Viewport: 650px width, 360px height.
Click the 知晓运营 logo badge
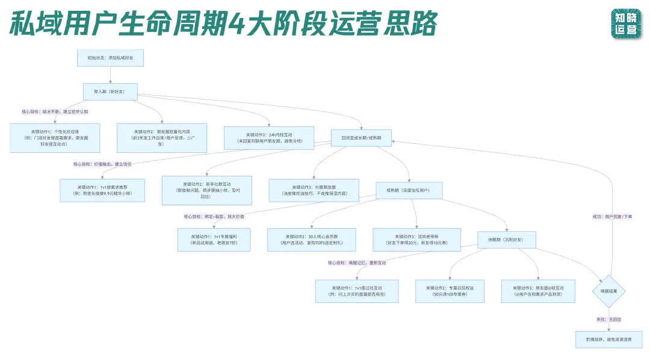[x=626, y=23]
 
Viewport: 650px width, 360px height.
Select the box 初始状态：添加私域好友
[x=110, y=58]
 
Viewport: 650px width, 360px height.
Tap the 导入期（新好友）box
[x=110, y=92]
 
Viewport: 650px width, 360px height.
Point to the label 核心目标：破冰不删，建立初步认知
[x=55, y=111]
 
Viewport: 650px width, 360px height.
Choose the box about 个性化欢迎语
[x=55, y=138]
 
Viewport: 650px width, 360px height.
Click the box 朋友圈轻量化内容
[x=161, y=138]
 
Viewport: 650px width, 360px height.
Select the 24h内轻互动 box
[x=268, y=138]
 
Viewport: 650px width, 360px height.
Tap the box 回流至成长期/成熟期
[x=362, y=138]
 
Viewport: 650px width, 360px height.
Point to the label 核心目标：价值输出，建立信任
[x=102, y=164]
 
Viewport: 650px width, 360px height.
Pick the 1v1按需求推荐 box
[x=102, y=190]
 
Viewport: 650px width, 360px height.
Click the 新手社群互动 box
[x=207, y=190]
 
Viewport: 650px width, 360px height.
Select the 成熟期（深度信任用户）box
[x=409, y=190]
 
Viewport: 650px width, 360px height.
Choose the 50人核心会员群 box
[x=312, y=240]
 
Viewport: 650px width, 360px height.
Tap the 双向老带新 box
[x=416, y=240]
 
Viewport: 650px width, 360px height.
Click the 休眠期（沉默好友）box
[x=506, y=240]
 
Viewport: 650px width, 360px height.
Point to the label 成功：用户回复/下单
[x=611, y=217]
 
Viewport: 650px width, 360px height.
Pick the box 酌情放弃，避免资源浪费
[x=609, y=340]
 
